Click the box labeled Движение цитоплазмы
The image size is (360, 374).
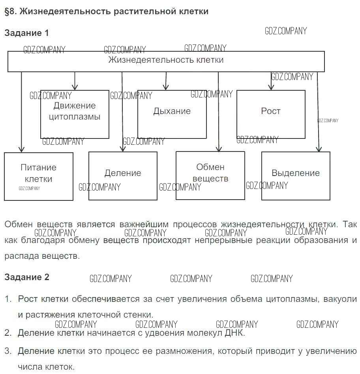pos(75,114)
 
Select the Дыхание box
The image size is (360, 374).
pos(172,114)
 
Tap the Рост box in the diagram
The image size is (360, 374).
pos(271,114)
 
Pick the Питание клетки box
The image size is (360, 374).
pos(39,176)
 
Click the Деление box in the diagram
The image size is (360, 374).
pos(123,176)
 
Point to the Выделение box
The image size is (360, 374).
pos(296,176)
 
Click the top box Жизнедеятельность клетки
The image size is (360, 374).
pos(166,61)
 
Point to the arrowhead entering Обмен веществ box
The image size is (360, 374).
pos(218,149)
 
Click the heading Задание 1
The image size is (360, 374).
pos(26,33)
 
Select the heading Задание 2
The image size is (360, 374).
pos(27,277)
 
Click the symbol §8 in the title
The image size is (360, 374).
pos(10,11)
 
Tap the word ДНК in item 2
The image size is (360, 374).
pos(234,333)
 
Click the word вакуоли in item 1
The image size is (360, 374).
pos(340,299)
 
